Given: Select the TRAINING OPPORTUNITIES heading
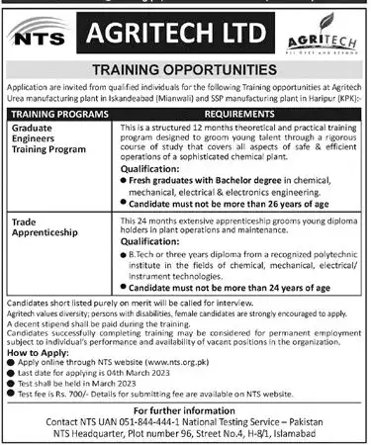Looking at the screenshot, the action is (x=186, y=70).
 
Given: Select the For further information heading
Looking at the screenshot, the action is (x=185, y=407).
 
